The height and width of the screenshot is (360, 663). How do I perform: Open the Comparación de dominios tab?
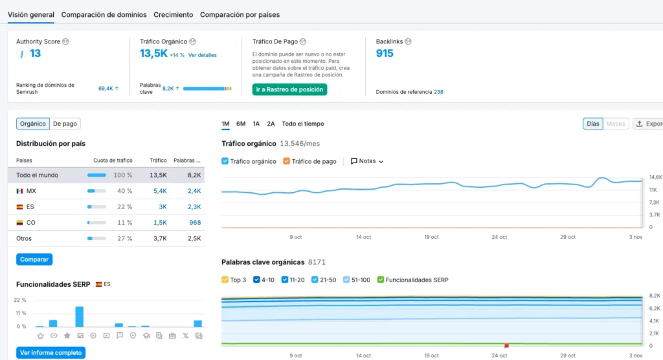tap(104, 15)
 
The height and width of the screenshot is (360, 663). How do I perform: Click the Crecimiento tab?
tap(174, 15)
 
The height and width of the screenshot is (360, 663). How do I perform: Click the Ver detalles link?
tap(203, 55)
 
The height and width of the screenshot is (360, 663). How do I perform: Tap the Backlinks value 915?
tap(385, 53)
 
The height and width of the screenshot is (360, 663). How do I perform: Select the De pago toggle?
tap(65, 124)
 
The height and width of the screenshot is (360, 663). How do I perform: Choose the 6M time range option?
tap(241, 124)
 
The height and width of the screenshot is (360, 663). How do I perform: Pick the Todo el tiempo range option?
tap(303, 124)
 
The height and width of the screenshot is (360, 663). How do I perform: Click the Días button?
tap(593, 124)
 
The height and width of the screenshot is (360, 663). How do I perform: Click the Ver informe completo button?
tap(51, 352)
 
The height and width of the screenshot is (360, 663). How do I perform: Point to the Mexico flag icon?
tap(19, 191)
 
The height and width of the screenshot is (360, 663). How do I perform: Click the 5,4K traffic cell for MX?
tap(160, 191)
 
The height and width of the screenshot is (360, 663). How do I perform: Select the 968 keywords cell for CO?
tap(195, 223)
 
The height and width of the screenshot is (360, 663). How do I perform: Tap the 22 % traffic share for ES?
tap(125, 207)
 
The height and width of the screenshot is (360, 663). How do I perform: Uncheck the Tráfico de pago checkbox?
tap(286, 161)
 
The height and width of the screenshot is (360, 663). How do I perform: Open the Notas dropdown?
tap(367, 161)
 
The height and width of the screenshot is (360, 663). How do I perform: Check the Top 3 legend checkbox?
tap(225, 280)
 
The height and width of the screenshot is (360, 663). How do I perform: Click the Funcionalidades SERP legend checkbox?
tap(381, 280)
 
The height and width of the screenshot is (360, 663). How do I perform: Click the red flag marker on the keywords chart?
tap(506, 346)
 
